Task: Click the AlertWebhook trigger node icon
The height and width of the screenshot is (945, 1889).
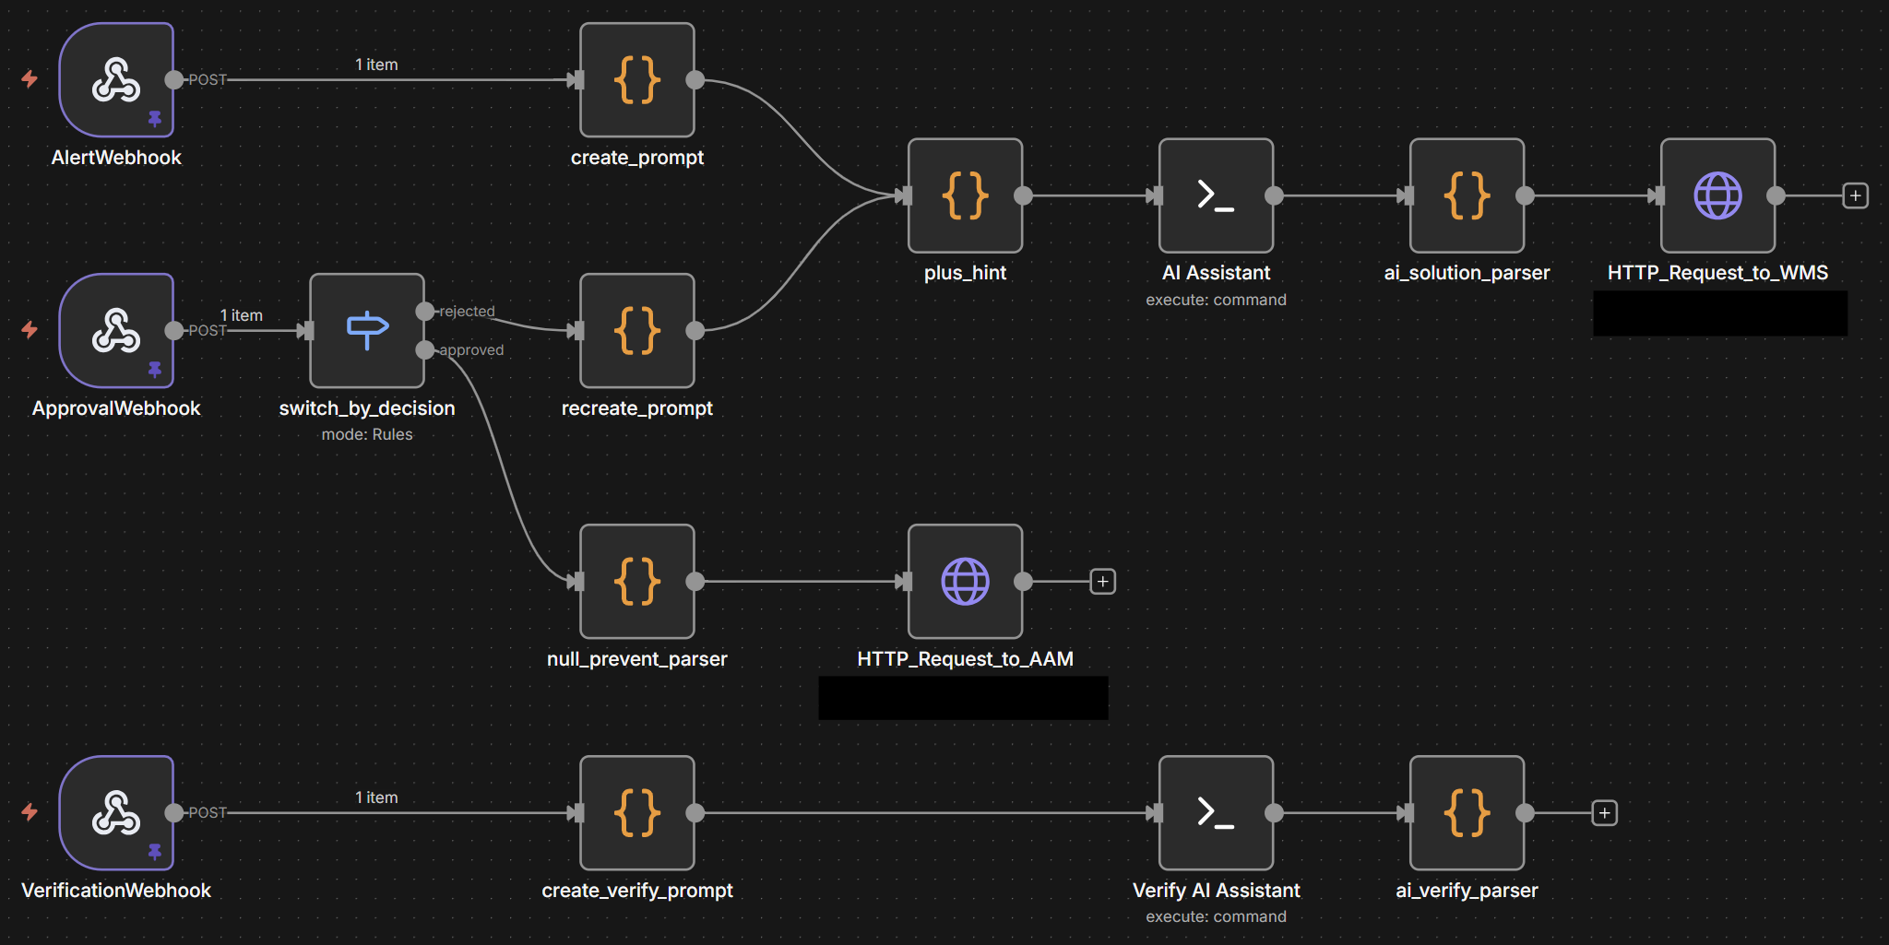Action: coord(116,80)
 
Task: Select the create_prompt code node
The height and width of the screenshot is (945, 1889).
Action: coord(637,80)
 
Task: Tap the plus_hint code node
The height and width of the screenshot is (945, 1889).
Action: coord(965,195)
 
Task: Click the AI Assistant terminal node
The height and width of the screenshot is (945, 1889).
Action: coord(1216,195)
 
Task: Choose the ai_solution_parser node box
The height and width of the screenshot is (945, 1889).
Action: coord(1467,195)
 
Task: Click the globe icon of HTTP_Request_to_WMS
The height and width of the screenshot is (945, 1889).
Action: coord(1717,195)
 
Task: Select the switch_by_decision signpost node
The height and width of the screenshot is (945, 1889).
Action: coord(367,330)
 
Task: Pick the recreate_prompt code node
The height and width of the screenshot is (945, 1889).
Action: coord(637,330)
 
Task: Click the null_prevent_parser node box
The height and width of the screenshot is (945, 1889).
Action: coord(637,581)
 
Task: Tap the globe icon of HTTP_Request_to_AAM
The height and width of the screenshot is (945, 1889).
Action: coord(965,581)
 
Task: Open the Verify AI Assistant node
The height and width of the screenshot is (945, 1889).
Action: coord(1216,812)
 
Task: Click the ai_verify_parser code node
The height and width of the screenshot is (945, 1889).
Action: coord(1467,812)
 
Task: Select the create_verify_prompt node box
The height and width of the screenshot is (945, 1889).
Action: coord(637,812)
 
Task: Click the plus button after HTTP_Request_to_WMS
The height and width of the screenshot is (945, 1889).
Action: coord(1855,195)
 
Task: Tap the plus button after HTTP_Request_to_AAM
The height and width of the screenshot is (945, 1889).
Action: coord(1102,582)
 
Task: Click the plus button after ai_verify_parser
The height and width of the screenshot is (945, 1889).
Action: coord(1604,813)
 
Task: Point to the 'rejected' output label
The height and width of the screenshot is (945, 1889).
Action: coord(467,312)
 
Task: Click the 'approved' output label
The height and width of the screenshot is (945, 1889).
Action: coord(471,350)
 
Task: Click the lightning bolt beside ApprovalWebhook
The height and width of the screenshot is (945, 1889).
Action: coord(30,329)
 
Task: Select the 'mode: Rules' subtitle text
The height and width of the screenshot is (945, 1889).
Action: coord(367,434)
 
